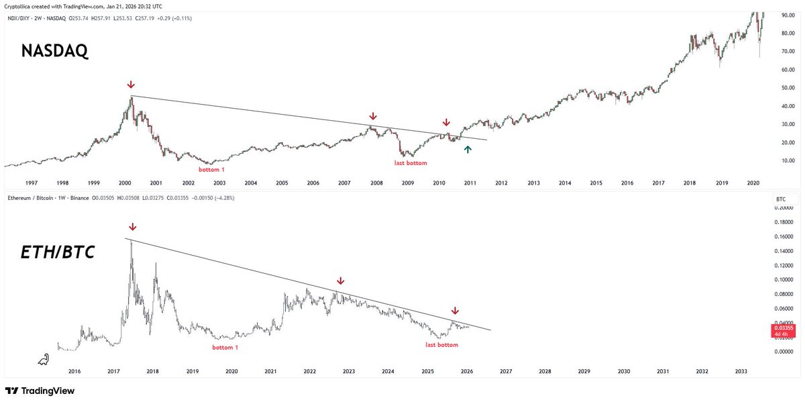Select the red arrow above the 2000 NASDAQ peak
coord(131,85)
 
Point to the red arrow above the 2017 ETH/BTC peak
coord(132,227)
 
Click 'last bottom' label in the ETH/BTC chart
coord(442,345)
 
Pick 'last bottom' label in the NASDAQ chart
coord(410,163)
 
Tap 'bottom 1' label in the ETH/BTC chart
coord(225,347)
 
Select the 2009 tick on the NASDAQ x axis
coord(408,183)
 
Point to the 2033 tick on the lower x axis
coord(741,371)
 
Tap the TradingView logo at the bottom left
coord(40,391)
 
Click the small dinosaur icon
coord(43,360)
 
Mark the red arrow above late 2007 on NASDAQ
coord(372,116)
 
